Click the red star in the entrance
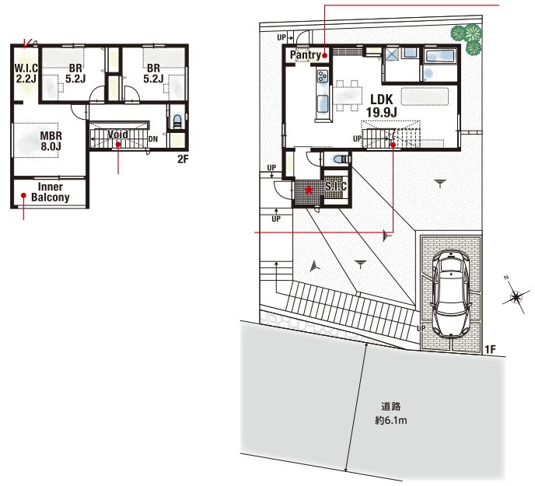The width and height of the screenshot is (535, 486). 309,190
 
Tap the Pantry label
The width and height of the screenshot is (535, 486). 306,54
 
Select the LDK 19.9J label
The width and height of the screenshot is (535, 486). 382,106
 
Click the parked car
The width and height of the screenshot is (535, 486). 451,294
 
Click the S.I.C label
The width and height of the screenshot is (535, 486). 336,187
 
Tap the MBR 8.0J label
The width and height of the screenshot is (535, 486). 51,141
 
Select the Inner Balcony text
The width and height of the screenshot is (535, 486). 50,192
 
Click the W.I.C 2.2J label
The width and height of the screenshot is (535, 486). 26,73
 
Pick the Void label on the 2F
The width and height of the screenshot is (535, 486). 117,135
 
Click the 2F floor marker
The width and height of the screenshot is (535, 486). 183,159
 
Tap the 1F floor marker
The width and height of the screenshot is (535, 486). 490,349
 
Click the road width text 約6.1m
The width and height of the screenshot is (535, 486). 391,420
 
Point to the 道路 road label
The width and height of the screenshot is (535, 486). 391,407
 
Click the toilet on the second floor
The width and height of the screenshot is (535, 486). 177,121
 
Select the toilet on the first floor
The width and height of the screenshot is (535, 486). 341,159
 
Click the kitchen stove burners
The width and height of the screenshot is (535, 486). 323,75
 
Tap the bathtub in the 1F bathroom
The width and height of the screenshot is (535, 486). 440,56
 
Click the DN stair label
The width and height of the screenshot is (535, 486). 153,139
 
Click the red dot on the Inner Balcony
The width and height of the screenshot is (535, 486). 23,195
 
